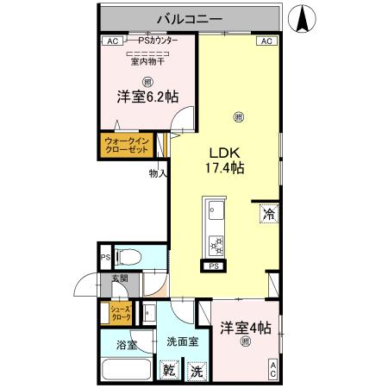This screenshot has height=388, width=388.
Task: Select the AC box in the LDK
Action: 266,41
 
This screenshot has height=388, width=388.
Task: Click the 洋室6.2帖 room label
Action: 147,97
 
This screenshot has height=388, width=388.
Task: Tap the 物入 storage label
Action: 158,173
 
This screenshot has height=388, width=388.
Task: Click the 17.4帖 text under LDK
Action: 223,168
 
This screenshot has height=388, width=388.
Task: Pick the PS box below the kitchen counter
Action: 213,266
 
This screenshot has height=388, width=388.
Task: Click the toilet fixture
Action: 127,257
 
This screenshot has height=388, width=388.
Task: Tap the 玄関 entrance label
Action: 118,278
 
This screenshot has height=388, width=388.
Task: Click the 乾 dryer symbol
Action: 170,372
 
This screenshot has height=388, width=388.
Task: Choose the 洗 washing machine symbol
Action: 197,372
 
